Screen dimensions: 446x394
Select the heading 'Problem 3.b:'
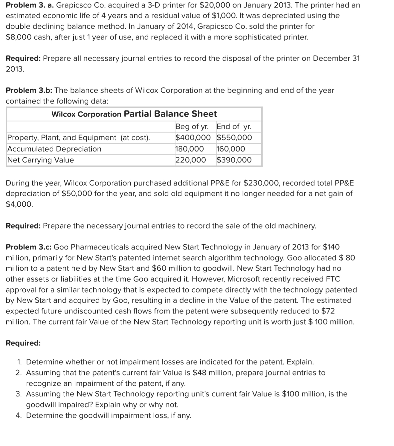29,90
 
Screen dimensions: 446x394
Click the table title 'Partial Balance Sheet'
170,114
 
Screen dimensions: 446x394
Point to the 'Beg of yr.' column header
192,127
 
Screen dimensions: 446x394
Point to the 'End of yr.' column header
234,127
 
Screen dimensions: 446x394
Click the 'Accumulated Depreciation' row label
54,149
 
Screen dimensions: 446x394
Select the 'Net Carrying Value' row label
40,160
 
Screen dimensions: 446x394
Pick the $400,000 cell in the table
193,138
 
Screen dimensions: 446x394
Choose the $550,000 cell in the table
234,138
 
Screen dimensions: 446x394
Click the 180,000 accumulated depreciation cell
190,149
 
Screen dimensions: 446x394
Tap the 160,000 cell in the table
230,149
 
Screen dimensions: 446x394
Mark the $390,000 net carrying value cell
234,160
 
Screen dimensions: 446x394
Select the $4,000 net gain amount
19,204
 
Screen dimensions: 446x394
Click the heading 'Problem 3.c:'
29,247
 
